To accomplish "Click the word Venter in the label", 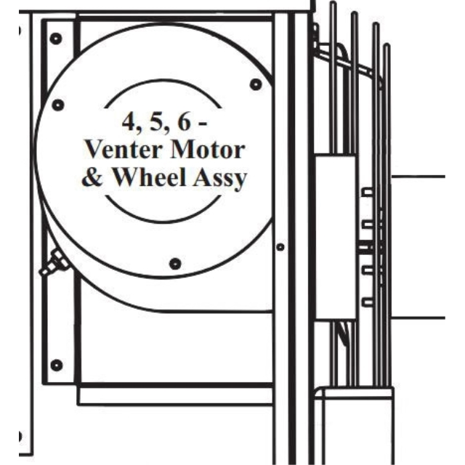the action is tap(125, 150).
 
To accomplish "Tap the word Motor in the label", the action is tap(208, 150).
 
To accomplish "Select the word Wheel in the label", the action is tap(150, 177).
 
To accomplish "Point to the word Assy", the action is tap(220, 179).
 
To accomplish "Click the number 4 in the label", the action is tap(129, 122).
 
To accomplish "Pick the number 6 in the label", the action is tap(184, 121).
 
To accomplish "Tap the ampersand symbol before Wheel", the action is tap(92, 177).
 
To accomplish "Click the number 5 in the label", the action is tap(157, 122).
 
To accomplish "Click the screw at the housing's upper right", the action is tap(256, 84).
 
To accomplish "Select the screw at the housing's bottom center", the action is tap(175, 264).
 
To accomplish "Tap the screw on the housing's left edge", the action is tap(58, 105).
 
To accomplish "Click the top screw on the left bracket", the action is tap(56, 39).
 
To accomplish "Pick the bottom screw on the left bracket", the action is tap(57, 365).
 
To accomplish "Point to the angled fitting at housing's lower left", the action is tap(53, 263).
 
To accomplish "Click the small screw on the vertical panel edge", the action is tap(280, 247).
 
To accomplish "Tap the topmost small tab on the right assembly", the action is tap(367, 192).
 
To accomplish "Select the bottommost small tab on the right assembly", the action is tap(368, 302).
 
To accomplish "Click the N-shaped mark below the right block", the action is tap(344, 334).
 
